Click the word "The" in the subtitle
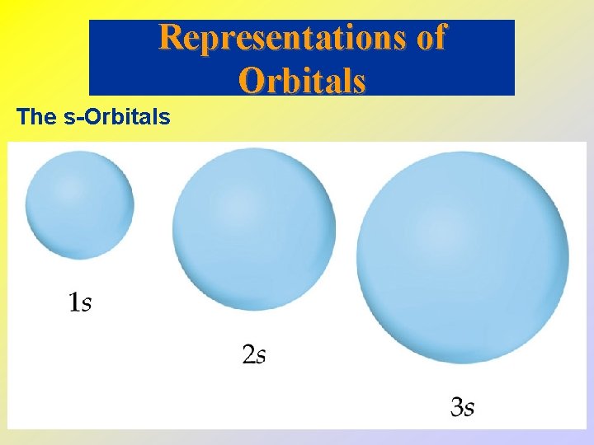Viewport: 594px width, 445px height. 35,117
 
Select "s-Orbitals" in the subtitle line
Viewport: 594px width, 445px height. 116,117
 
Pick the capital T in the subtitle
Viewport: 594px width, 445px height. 23,117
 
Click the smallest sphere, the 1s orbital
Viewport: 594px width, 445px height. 79,205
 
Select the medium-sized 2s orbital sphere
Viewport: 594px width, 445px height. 253,228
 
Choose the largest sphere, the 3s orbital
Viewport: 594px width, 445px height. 462,257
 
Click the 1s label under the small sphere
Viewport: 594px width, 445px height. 79,303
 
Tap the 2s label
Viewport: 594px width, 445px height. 253,355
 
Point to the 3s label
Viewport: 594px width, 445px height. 462,406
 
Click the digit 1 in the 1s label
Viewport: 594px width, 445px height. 73,303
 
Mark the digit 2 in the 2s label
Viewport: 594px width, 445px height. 247,355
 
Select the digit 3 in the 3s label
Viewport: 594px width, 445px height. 456,406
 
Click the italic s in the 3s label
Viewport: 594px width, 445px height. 469,408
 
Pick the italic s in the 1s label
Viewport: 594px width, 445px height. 86,305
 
